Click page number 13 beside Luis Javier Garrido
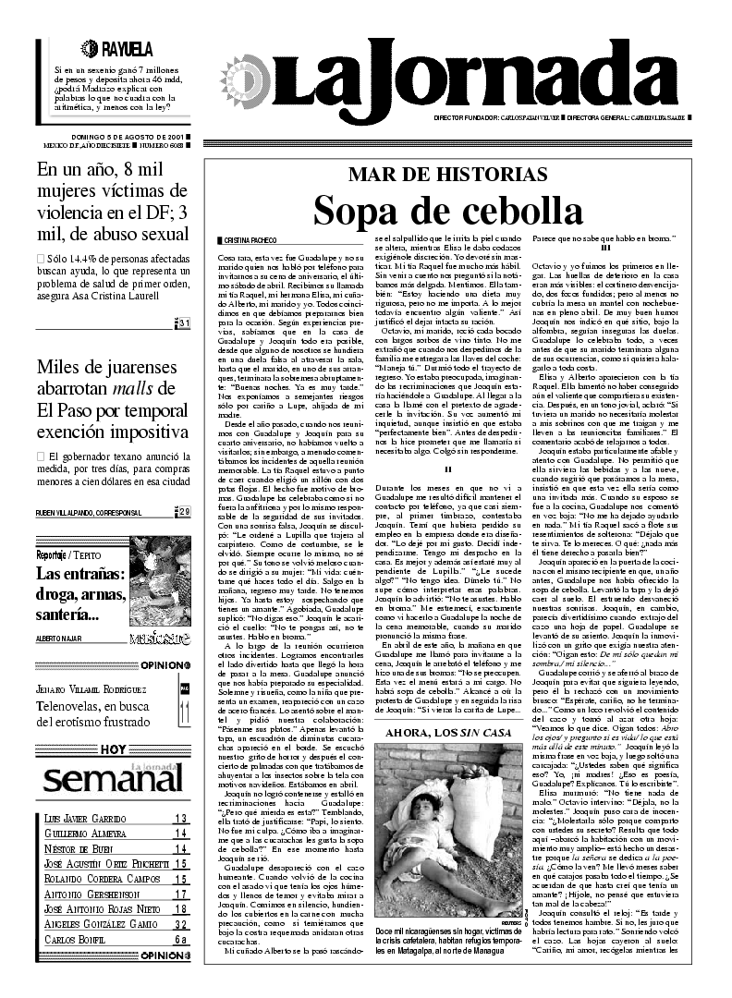181,819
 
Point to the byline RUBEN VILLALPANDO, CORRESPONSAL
89,512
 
